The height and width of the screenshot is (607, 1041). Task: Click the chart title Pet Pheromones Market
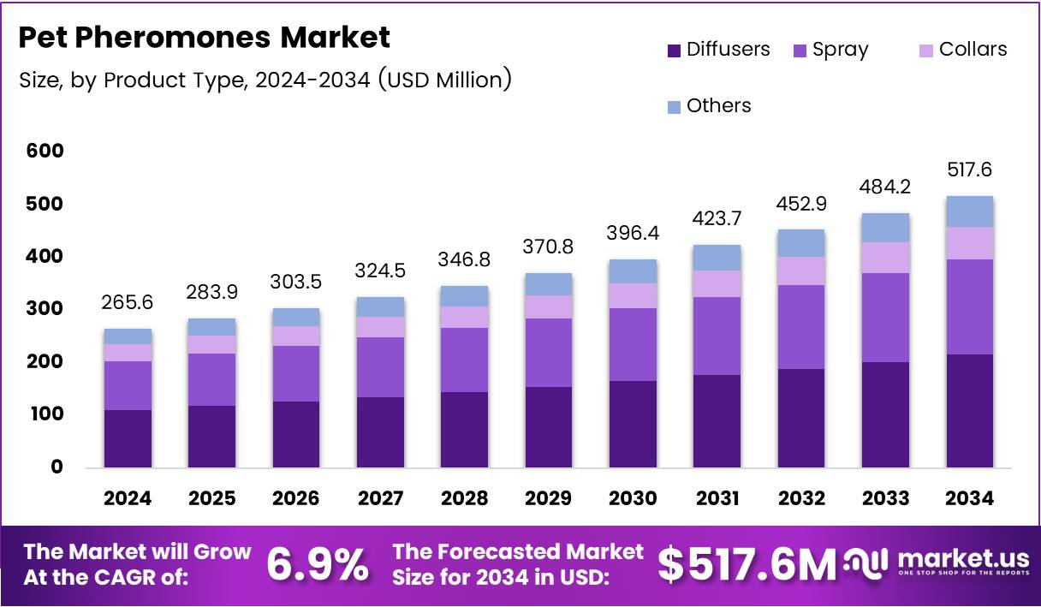(204, 38)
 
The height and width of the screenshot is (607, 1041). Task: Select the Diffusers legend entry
(718, 50)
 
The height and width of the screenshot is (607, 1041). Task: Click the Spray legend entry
(830, 50)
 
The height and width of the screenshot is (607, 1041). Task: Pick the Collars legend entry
(962, 50)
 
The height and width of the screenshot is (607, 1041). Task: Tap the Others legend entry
(709, 106)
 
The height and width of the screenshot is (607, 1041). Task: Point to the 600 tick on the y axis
(45, 152)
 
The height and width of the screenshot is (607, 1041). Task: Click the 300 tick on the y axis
(45, 309)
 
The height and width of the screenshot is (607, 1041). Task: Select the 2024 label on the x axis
(128, 498)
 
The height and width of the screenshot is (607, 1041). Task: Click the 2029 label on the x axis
(549, 498)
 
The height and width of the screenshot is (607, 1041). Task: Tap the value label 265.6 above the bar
(128, 304)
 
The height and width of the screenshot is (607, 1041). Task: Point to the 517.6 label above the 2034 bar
(969, 170)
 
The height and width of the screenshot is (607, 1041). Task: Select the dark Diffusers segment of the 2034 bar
(969, 411)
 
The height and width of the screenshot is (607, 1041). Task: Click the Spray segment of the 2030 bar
(633, 344)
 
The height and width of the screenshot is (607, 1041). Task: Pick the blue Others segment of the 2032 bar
(800, 243)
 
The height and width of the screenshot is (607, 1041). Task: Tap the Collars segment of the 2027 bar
(380, 327)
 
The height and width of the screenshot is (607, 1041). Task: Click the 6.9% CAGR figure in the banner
(318, 565)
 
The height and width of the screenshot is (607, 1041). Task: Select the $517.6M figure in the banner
(747, 565)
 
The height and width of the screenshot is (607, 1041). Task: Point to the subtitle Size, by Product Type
(265, 80)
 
